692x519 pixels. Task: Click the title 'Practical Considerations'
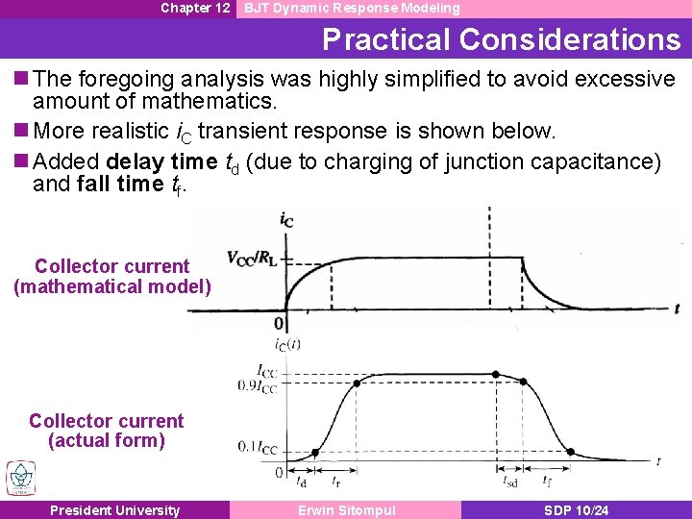click(501, 39)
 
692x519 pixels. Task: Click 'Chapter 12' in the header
click(195, 8)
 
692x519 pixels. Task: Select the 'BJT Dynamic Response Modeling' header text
click(352, 8)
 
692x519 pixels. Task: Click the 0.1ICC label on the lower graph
click(258, 448)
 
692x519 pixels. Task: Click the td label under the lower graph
click(302, 481)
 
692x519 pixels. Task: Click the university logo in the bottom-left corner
click(19, 479)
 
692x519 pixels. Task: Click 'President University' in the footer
click(115, 510)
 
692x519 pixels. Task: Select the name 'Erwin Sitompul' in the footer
click(346, 510)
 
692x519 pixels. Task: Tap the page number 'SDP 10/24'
click(576, 510)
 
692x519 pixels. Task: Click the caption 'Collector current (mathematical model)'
click(112, 276)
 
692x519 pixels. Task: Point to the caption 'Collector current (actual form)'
click(107, 431)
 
